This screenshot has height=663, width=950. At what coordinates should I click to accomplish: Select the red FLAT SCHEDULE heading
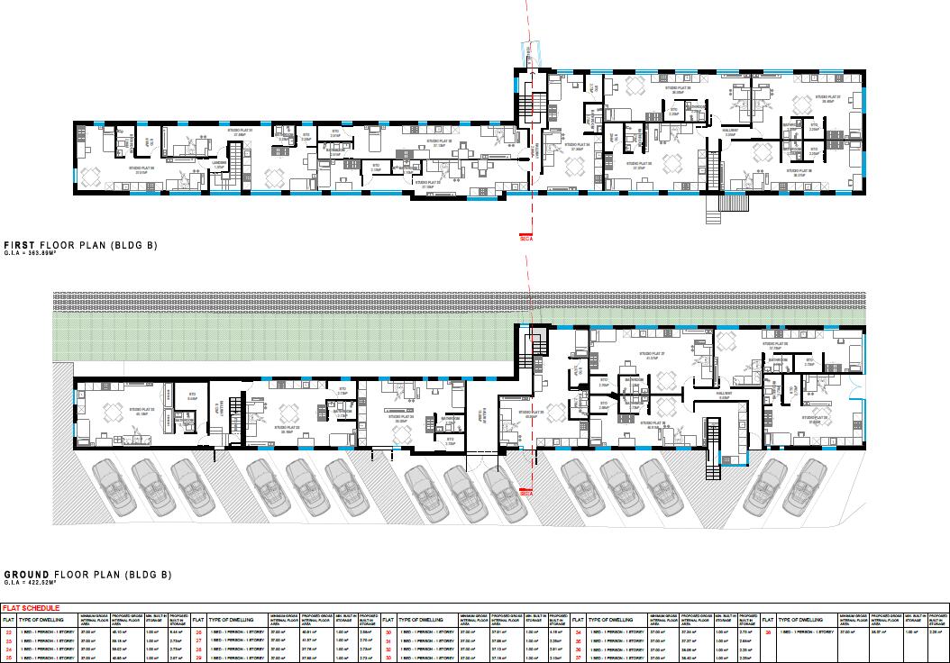tap(29, 609)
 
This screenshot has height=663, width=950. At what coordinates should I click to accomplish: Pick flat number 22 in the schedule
tap(9, 633)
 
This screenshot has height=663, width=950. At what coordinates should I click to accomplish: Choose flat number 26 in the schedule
tap(198, 633)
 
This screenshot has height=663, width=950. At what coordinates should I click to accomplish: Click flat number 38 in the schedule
tap(768, 633)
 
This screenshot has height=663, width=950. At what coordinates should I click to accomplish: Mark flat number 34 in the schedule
tap(578, 633)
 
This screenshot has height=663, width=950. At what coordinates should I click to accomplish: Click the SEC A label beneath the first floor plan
tap(526, 240)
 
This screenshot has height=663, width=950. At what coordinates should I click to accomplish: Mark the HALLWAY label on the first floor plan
tap(732, 130)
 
